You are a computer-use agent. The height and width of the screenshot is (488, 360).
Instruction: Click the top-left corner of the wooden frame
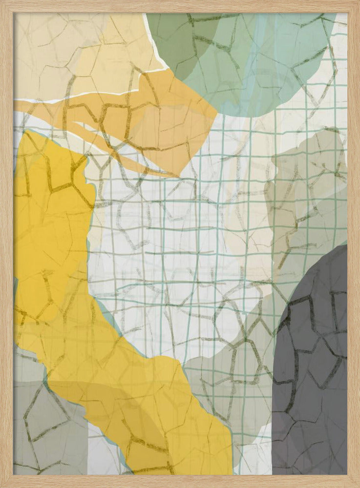click(x=2, y=2)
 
